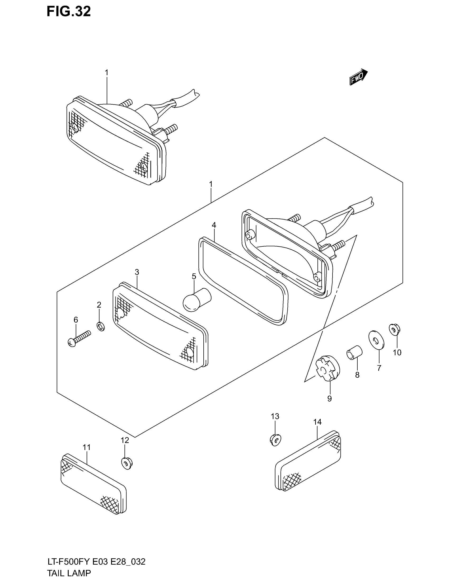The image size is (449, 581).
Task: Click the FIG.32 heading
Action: pyautogui.click(x=69, y=12)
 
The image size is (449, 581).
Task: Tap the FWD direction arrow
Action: pyautogui.click(x=358, y=77)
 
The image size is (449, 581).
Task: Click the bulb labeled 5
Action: pyautogui.click(x=197, y=300)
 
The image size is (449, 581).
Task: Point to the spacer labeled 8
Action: pyautogui.click(x=354, y=352)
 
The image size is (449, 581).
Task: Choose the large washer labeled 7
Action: pyautogui.click(x=376, y=339)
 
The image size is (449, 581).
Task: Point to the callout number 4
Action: pyautogui.click(x=214, y=225)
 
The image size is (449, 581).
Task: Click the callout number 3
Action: pyautogui.click(x=137, y=272)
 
